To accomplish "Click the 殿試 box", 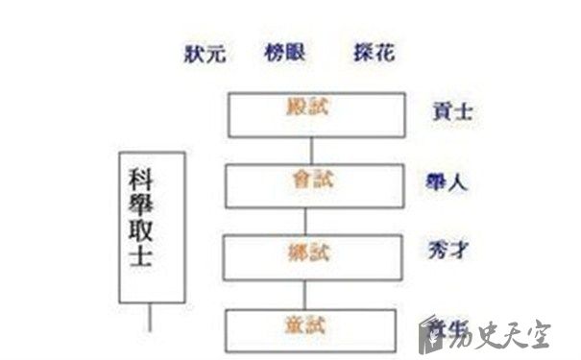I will pos(312,113).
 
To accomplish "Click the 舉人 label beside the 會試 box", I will pos(446,181).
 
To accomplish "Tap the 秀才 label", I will pos(447,252).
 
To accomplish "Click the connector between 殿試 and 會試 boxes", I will pos(312,150).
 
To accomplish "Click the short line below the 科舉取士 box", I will pos(150,316).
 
